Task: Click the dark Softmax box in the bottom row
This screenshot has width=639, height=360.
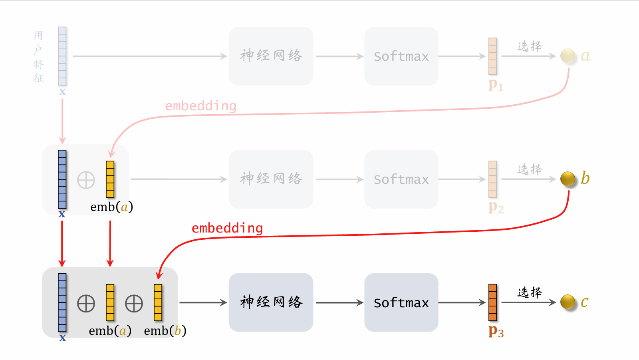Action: (401, 302)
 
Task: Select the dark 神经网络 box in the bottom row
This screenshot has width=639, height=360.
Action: (271, 302)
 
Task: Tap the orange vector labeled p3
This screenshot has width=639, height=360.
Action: (493, 302)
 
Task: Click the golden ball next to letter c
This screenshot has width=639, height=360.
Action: (568, 302)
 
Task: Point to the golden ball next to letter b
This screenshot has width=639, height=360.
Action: (568, 179)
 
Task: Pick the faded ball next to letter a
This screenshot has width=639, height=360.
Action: (568, 56)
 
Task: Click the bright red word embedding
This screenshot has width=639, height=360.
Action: (227, 228)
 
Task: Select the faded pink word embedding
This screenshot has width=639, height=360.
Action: (201, 106)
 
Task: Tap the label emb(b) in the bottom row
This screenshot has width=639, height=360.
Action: (165, 331)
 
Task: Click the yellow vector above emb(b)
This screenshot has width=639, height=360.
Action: (158, 302)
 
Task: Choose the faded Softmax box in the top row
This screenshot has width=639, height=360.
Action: (401, 56)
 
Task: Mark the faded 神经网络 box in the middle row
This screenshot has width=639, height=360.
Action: (271, 179)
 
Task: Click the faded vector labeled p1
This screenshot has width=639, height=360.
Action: (493, 56)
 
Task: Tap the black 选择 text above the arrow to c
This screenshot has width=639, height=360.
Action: (530, 292)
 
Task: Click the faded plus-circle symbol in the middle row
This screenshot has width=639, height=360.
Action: (86, 180)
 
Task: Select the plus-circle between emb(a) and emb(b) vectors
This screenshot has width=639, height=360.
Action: (134, 304)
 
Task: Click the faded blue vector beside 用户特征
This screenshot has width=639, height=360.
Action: (62, 56)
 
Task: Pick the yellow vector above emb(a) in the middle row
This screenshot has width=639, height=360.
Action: (110, 179)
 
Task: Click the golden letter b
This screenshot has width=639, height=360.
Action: (585, 178)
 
